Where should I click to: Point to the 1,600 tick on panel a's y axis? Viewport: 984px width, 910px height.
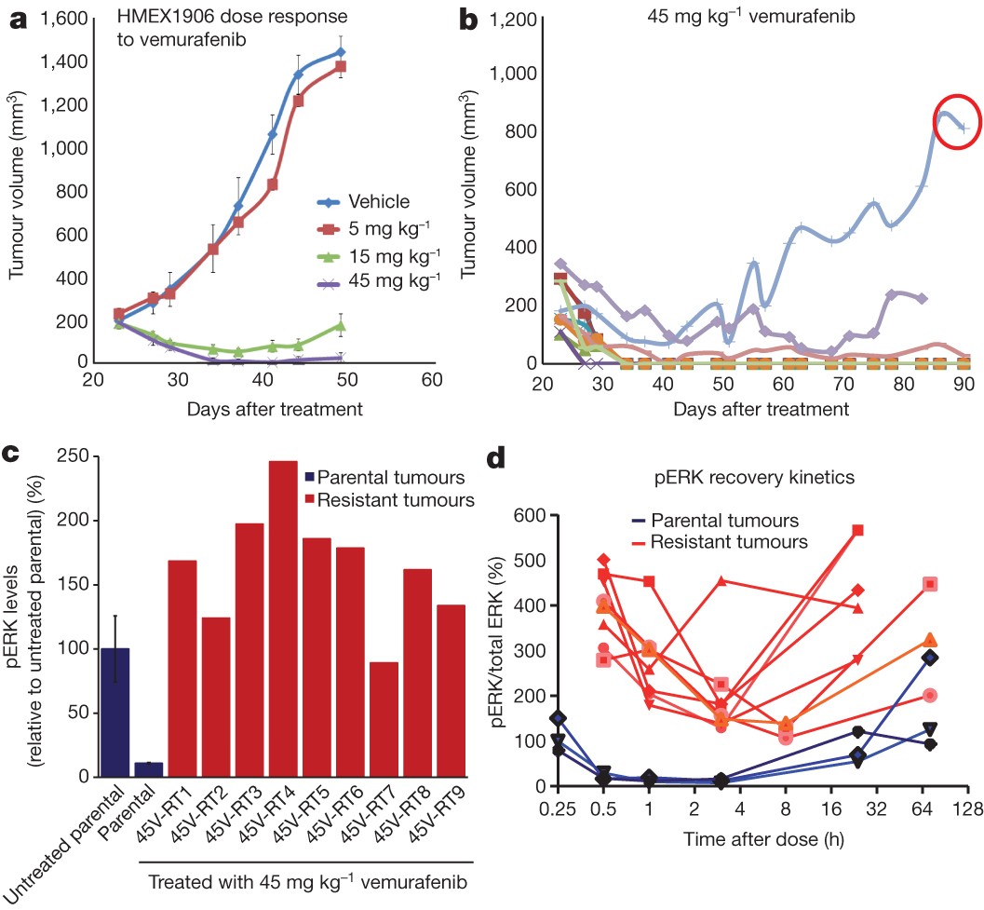(x=61, y=19)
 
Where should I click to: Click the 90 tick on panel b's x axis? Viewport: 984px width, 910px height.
(x=964, y=383)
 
